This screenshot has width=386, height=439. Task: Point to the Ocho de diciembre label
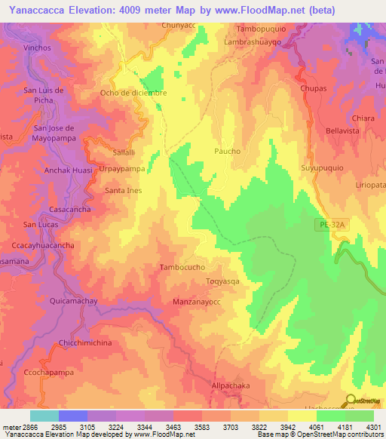(x=133, y=94)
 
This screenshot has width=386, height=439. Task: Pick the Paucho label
(x=227, y=152)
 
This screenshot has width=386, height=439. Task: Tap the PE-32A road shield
(x=328, y=225)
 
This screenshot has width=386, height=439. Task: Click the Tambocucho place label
(x=182, y=268)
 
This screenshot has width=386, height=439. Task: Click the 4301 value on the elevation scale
(x=374, y=427)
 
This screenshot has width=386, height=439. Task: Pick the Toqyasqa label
(x=223, y=282)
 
